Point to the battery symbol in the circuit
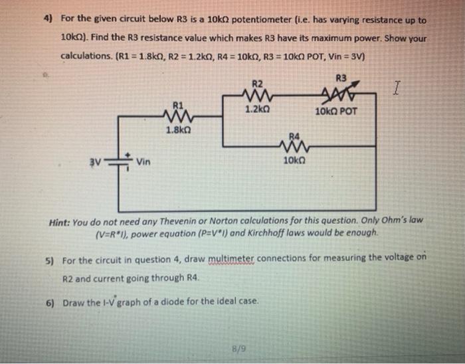120,160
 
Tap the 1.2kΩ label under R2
258,108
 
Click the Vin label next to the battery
145,161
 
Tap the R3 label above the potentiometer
342,76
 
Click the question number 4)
47,21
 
